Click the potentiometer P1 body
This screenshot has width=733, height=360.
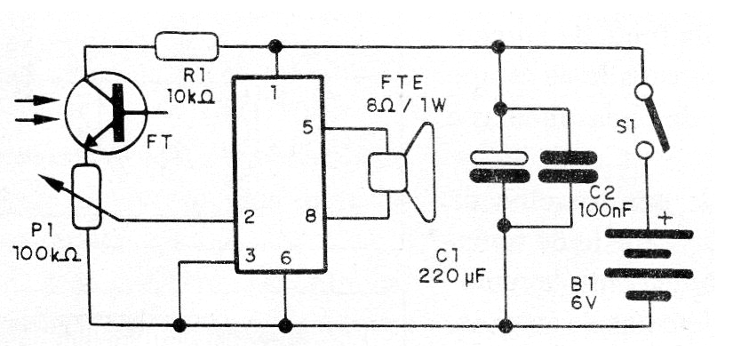(87, 197)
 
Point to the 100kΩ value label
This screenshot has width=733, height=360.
(48, 254)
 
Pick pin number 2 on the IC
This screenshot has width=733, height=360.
(251, 217)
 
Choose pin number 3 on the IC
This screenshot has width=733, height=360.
(251, 256)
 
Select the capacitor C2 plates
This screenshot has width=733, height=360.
(570, 166)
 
